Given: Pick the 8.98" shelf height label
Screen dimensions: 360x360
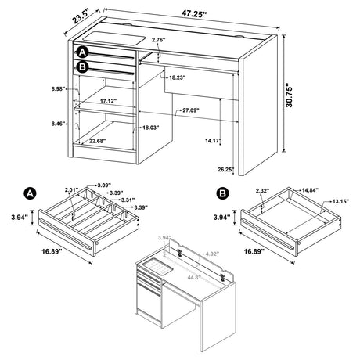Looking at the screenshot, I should pos(56,88).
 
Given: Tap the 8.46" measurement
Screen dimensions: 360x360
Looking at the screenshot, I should pos(56,124).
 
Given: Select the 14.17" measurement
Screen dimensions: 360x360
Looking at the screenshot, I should pos(236,141).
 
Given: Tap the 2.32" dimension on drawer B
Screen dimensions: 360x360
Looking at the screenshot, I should pos(241,190).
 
